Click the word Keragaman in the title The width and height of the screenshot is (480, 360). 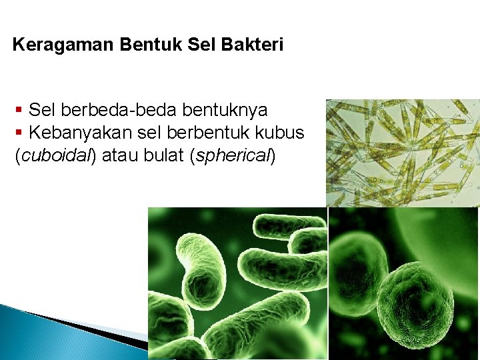64,45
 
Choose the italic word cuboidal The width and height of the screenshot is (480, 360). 57,156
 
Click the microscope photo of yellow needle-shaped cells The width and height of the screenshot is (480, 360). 403,153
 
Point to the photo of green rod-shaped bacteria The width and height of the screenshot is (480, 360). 237,283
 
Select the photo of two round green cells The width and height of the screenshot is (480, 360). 404,283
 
